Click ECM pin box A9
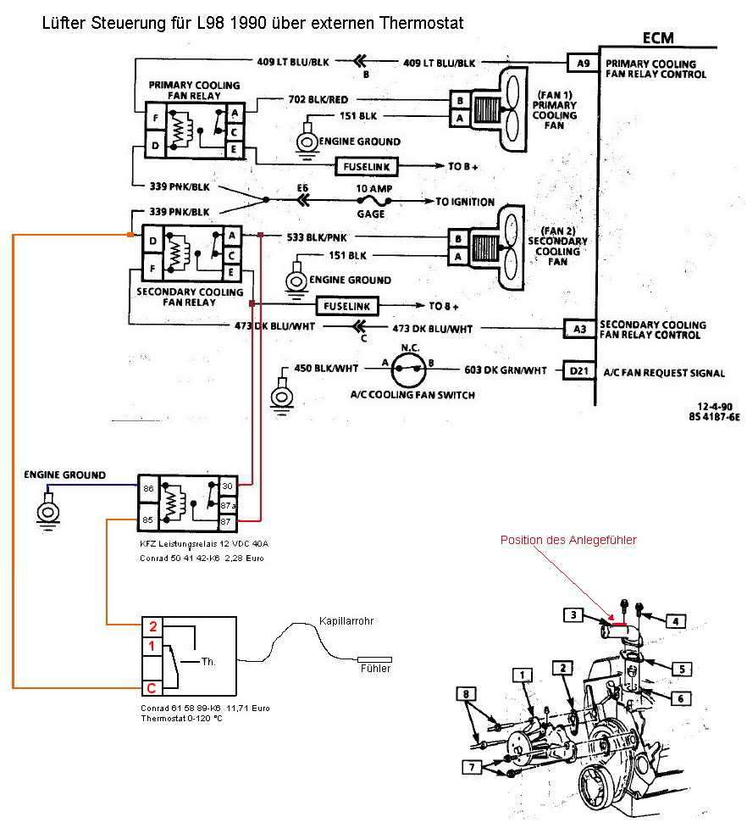[x=583, y=64]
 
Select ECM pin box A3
[x=579, y=329]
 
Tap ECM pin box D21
[x=578, y=370]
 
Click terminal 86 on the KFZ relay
[x=148, y=488]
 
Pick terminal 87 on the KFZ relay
[x=226, y=522]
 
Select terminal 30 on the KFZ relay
[x=227, y=486]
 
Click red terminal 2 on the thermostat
[x=152, y=626]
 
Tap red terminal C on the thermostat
[x=152, y=688]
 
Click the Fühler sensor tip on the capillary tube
[x=374, y=659]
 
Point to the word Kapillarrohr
[x=346, y=621]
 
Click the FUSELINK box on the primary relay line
[x=366, y=167]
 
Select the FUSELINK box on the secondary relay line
[x=346, y=306]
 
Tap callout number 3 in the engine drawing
[x=573, y=614]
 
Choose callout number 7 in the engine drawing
[x=472, y=767]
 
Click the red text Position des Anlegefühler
[x=568, y=540]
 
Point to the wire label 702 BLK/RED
[x=318, y=99]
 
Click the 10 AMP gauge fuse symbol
[x=373, y=201]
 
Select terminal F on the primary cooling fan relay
[x=156, y=118]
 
